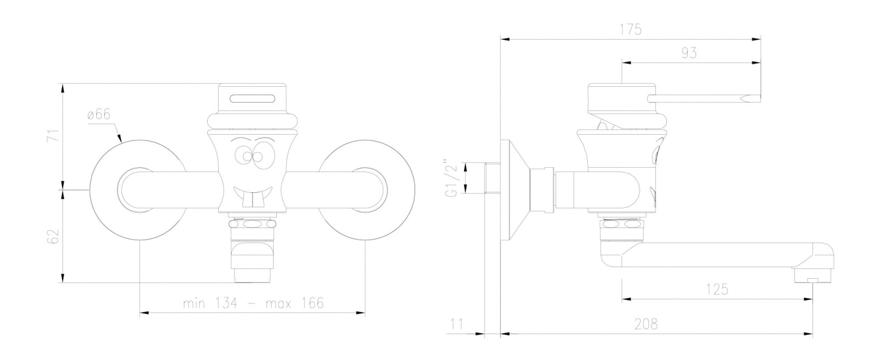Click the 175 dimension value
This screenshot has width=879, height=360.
point(630,30)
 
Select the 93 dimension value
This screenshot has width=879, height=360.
point(689,53)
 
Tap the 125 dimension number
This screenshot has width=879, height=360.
point(717,289)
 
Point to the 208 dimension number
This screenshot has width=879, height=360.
point(646,324)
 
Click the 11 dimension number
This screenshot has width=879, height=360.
point(457,324)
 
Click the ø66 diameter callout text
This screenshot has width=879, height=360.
point(99,114)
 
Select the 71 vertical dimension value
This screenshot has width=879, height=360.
point(53,135)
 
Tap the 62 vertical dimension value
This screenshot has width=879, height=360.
point(53,236)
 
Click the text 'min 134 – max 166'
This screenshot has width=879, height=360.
point(253,303)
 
